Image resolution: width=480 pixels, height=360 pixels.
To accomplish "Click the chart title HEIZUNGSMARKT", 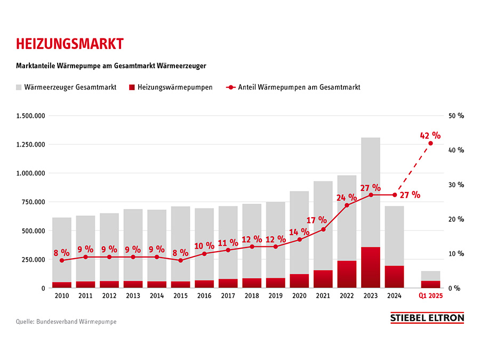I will pyautogui.click(x=69, y=43).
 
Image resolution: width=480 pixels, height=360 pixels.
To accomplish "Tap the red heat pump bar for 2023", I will pyautogui.click(x=371, y=267).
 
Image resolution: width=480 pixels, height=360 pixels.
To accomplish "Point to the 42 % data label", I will pyautogui.click(x=430, y=134).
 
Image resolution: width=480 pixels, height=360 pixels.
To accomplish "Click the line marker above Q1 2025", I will pyautogui.click(x=430, y=143).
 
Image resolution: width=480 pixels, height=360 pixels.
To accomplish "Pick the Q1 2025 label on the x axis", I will pyautogui.click(x=431, y=296).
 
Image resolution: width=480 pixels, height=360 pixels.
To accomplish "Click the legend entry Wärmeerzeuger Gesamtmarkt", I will pyautogui.click(x=67, y=87).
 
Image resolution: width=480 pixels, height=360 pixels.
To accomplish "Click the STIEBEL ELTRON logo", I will pyautogui.click(x=427, y=318).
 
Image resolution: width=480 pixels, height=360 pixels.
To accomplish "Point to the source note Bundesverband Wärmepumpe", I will pyautogui.click(x=66, y=322).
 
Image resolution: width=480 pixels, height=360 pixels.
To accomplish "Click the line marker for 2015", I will pyautogui.click(x=180, y=260).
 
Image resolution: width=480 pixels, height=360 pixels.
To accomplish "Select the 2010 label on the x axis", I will pyautogui.click(x=61, y=296).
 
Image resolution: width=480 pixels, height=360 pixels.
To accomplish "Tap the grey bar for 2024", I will pyautogui.click(x=395, y=235).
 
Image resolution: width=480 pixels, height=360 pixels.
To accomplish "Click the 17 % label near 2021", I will pyautogui.click(x=317, y=219).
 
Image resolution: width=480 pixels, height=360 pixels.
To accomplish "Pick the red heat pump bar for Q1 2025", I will pyautogui.click(x=430, y=284).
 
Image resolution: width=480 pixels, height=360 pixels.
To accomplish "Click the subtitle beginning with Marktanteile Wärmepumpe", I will pyautogui.click(x=111, y=66).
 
